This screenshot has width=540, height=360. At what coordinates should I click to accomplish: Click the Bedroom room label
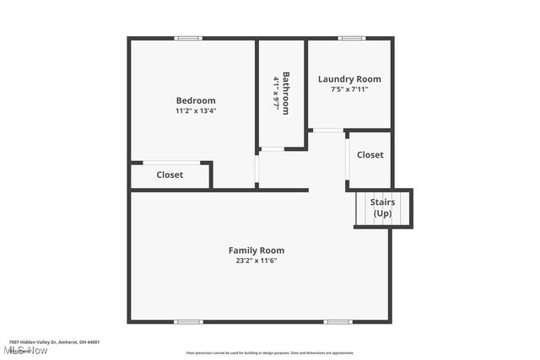pyautogui.click(x=196, y=100)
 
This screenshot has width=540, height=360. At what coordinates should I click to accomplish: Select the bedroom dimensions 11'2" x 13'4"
pyautogui.click(x=196, y=110)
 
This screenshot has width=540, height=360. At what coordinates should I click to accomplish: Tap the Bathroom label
pyautogui.click(x=286, y=93)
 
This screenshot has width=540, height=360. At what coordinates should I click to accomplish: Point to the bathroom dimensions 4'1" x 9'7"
pyautogui.click(x=276, y=93)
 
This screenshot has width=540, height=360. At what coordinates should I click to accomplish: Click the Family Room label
pyautogui.click(x=256, y=250)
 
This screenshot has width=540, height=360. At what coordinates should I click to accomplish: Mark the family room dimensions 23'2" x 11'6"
pyautogui.click(x=256, y=261)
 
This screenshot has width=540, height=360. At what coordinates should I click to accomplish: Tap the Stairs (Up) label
pyautogui.click(x=383, y=207)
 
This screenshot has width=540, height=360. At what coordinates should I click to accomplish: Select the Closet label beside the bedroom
pyautogui.click(x=170, y=175)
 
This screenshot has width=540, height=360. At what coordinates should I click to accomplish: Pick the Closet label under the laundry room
pyautogui.click(x=370, y=155)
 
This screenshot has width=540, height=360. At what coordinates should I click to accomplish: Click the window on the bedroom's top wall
pyautogui.click(x=189, y=38)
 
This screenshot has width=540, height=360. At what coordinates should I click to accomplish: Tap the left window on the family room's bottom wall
pyautogui.click(x=189, y=321)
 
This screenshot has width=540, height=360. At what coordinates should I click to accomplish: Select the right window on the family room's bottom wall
pyautogui.click(x=337, y=321)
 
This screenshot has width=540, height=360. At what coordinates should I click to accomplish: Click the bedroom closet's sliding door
pyautogui.click(x=171, y=163)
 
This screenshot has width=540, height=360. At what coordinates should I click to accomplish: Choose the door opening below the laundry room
pyautogui.click(x=327, y=130)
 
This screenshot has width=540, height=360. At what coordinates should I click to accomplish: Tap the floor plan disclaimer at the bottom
pyautogui.click(x=270, y=353)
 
